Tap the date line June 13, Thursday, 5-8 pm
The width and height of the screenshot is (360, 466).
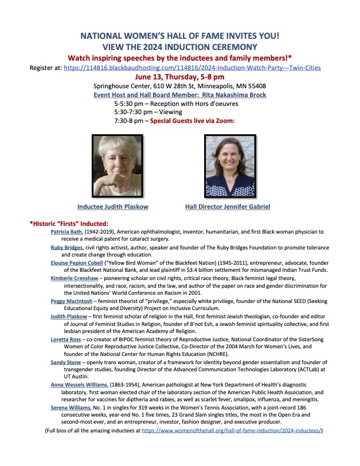pos(179,76)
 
